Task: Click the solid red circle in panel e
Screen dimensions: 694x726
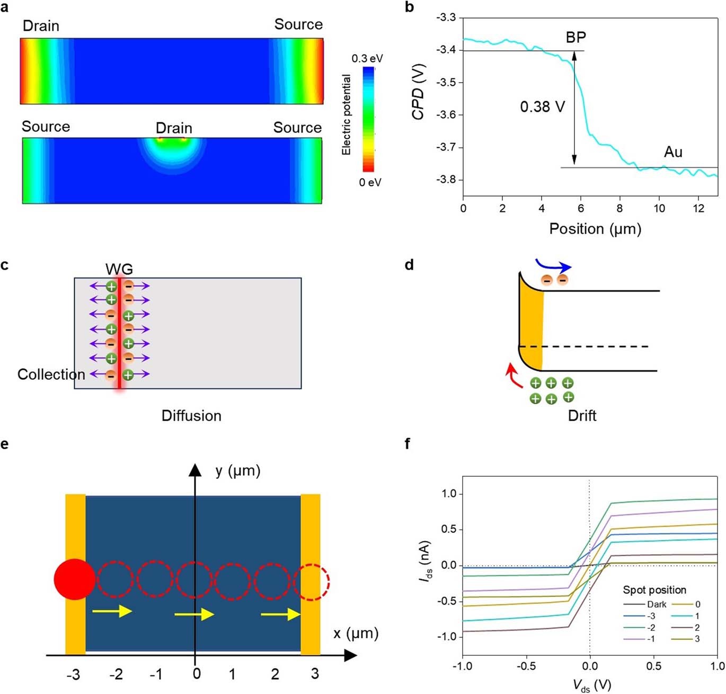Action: click(x=75, y=579)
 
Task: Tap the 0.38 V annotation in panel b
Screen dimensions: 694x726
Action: click(x=542, y=107)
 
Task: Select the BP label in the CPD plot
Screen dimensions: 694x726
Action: click(x=576, y=38)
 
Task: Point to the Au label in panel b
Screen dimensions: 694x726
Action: click(x=673, y=153)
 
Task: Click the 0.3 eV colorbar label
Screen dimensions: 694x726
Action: click(x=367, y=58)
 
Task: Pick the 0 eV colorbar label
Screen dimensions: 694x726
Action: click(x=370, y=182)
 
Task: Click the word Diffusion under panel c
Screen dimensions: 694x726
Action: click(x=191, y=416)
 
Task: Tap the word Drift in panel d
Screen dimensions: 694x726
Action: click(x=582, y=416)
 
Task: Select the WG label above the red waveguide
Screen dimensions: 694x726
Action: click(x=119, y=269)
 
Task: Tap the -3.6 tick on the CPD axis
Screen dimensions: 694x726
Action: click(x=446, y=115)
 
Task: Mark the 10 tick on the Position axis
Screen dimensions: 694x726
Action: click(x=659, y=209)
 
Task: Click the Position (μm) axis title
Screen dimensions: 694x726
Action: click(x=595, y=229)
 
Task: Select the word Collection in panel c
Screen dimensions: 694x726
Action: click(x=51, y=375)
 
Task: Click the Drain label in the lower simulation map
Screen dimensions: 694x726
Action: click(x=174, y=128)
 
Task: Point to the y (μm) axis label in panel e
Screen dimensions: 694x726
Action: click(x=238, y=471)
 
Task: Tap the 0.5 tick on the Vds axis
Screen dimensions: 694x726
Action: click(x=653, y=666)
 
